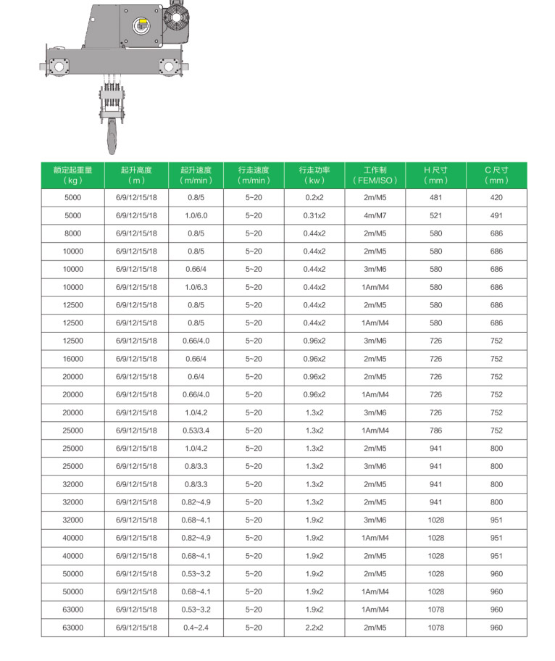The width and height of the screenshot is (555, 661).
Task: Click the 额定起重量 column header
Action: click(x=72, y=175)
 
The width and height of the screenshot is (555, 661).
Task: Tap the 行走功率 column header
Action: click(x=314, y=175)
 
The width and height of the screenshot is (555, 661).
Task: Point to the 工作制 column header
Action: click(x=375, y=175)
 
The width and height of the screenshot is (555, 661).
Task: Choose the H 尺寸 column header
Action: click(x=435, y=175)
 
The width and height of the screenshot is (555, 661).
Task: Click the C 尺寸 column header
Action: click(x=496, y=175)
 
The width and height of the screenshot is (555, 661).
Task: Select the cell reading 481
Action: click(x=435, y=198)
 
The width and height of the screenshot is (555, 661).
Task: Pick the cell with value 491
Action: click(x=496, y=215)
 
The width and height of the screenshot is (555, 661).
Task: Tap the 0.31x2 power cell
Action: click(x=314, y=215)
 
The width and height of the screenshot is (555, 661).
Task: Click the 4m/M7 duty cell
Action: click(x=375, y=215)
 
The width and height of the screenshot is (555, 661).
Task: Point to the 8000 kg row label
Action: click(x=72, y=233)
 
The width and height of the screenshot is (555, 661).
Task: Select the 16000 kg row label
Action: click(x=72, y=359)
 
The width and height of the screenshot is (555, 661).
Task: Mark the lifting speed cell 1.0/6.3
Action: click(x=196, y=287)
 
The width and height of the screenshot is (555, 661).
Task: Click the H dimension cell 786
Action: click(x=435, y=431)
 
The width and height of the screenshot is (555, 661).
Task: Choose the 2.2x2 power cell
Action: click(x=314, y=628)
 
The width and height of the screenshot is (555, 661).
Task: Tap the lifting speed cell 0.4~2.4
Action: click(x=196, y=628)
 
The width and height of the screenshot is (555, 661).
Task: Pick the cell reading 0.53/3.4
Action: click(x=196, y=431)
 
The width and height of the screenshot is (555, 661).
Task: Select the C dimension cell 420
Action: click(x=496, y=198)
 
